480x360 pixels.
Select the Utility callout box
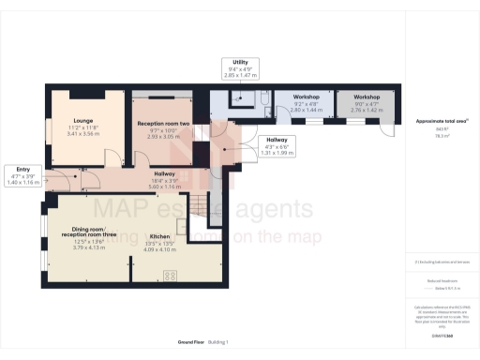click(239, 67)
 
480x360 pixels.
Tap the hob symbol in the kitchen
click(172, 275)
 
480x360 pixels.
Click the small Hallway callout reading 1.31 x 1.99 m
click(280, 146)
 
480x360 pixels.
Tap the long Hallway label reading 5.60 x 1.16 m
click(165, 172)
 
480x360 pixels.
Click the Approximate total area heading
click(442, 122)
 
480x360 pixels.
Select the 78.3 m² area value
click(442, 135)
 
